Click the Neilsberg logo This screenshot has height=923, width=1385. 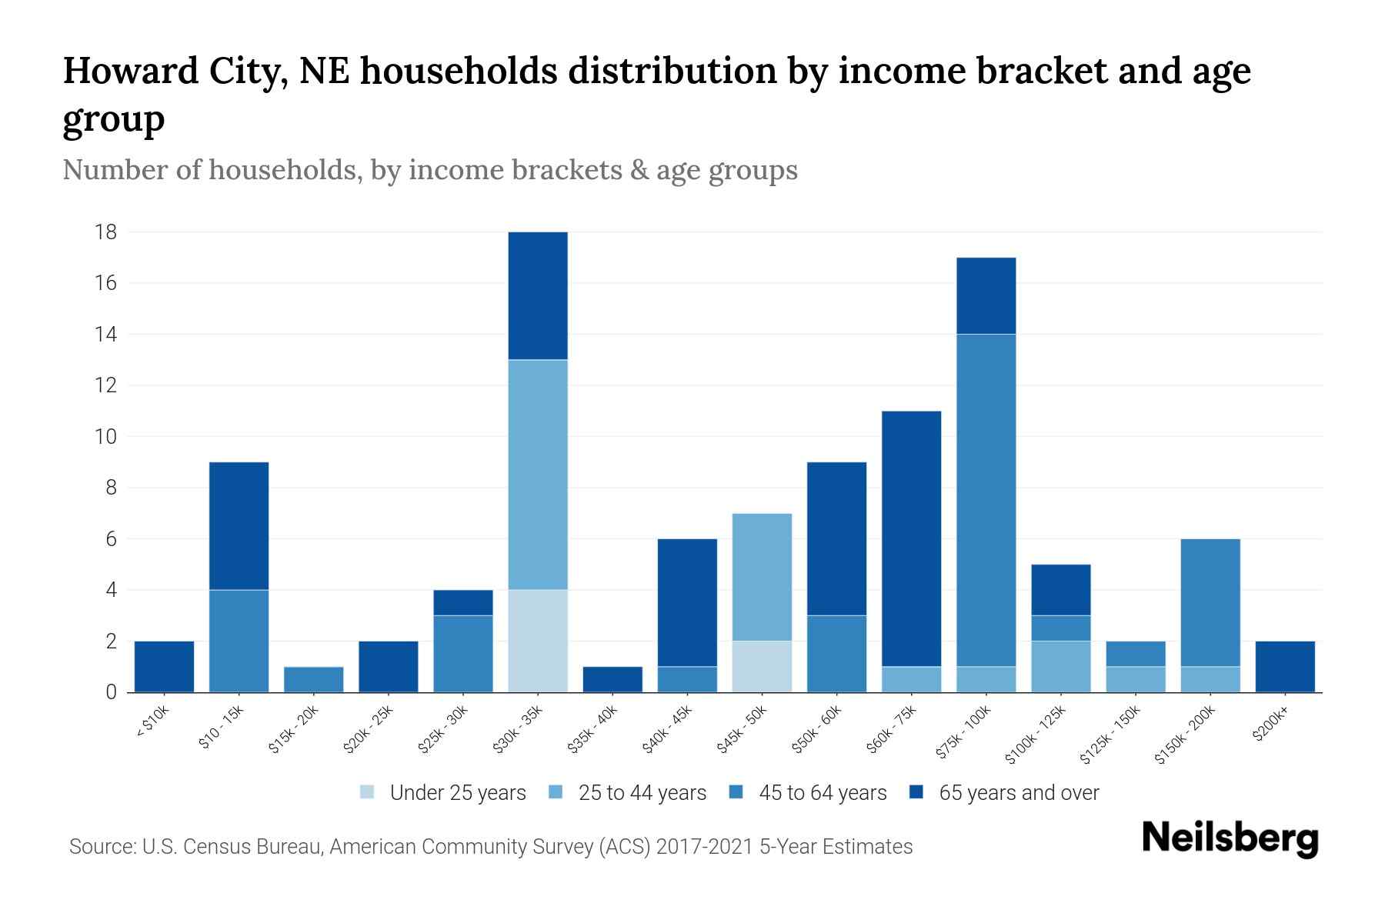(1230, 838)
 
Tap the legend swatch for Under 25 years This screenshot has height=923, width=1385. (368, 792)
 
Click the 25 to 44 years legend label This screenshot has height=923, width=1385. (642, 793)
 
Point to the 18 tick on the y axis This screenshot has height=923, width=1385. (106, 232)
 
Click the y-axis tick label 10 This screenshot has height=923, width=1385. (106, 437)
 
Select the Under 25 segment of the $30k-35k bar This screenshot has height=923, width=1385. (538, 641)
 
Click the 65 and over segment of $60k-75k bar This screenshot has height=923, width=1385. (911, 538)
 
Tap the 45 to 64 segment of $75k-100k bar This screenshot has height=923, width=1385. (986, 500)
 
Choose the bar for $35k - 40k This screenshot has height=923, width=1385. (612, 679)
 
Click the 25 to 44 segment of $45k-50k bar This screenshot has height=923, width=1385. (762, 577)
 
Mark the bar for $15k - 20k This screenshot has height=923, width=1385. (313, 679)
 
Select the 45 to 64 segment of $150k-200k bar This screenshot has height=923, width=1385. (1210, 602)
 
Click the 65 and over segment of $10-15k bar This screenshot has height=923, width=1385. (239, 525)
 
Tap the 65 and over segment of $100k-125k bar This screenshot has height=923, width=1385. (1060, 590)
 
